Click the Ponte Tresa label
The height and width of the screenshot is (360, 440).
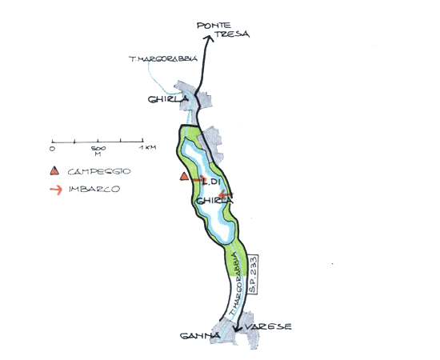pyautogui.click(x=223, y=30)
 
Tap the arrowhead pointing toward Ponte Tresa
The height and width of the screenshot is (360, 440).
pyautogui.click(x=208, y=38)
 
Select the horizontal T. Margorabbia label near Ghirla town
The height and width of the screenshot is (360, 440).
pyautogui.click(x=163, y=58)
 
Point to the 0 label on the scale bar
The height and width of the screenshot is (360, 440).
pyautogui.click(x=52, y=148)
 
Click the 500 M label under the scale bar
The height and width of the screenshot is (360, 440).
pyautogui.click(x=98, y=150)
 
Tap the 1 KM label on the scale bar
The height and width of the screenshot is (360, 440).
pyautogui.click(x=147, y=147)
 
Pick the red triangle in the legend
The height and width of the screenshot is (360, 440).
pyautogui.click(x=54, y=171)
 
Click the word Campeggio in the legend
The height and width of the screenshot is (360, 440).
pyautogui.click(x=99, y=171)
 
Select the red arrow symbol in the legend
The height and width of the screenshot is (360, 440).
pyautogui.click(x=56, y=190)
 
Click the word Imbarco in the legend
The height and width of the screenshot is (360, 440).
pyautogui.click(x=94, y=189)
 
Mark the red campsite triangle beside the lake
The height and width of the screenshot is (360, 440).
pyautogui.click(x=184, y=176)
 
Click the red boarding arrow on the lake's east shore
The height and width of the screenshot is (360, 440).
pyautogui.click(x=226, y=194)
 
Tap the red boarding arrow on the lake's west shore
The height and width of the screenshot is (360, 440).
pyautogui.click(x=199, y=178)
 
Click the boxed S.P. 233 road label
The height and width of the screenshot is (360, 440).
pyautogui.click(x=253, y=274)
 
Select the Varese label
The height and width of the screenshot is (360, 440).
pyautogui.click(x=268, y=327)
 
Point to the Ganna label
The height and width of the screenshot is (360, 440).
pyautogui.click(x=200, y=335)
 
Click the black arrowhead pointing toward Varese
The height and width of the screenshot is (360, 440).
pyautogui.click(x=238, y=329)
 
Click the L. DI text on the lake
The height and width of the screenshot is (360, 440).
pyautogui.click(x=210, y=182)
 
